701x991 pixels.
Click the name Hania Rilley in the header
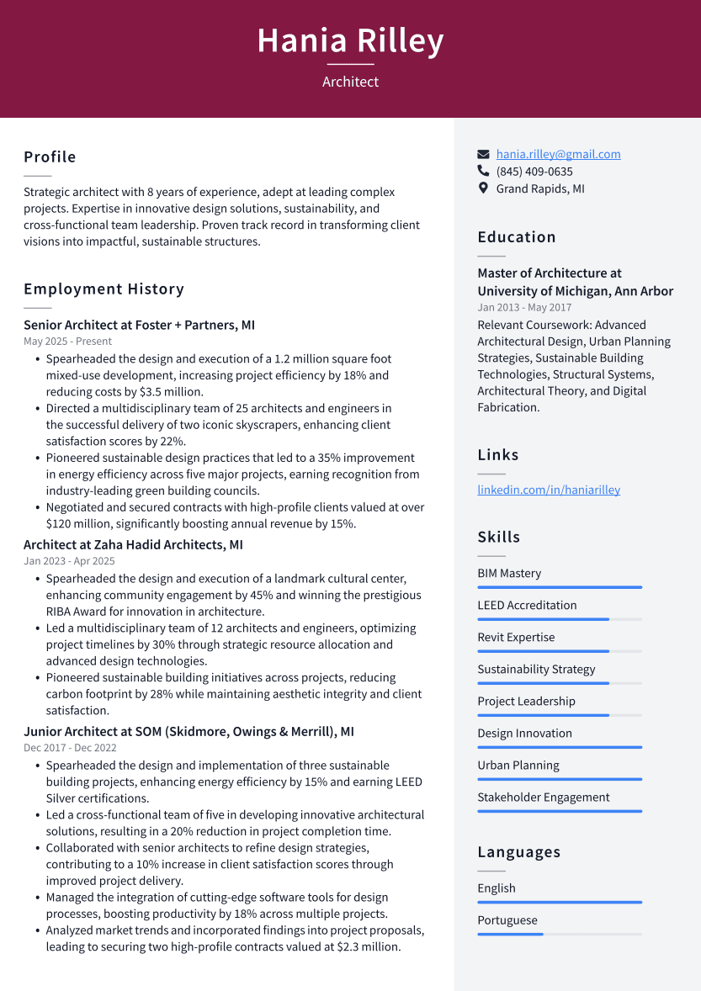point(350,40)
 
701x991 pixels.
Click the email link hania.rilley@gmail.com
point(558,154)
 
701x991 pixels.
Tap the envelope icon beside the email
point(483,154)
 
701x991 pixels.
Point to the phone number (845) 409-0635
point(534,172)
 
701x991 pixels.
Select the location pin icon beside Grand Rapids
point(483,188)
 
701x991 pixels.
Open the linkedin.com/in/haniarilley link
point(549,490)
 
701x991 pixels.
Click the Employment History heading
point(104,289)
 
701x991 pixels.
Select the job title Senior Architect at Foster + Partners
point(139,325)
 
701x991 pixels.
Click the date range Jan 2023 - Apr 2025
point(69,561)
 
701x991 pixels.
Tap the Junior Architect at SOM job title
point(189,732)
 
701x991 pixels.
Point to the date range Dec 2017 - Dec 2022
point(70,748)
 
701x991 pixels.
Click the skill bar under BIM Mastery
point(560,587)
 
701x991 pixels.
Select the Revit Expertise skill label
point(516,638)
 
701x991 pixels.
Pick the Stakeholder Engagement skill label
point(544,798)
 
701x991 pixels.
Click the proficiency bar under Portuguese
point(560,934)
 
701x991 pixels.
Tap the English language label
point(497,888)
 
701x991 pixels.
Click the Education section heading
point(517,237)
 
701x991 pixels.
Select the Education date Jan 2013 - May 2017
point(524,308)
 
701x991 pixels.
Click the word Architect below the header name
point(350,82)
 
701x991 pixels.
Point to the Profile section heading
point(50,157)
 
